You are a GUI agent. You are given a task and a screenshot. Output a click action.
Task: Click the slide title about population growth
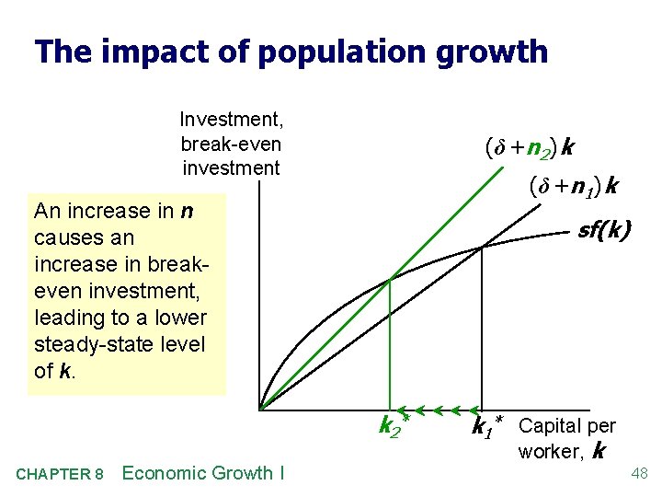(x=291, y=51)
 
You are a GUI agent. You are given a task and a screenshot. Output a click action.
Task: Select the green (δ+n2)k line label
(x=531, y=147)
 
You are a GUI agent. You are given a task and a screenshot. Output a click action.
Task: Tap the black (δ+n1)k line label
(x=572, y=188)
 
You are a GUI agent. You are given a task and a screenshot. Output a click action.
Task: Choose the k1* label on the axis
(x=487, y=426)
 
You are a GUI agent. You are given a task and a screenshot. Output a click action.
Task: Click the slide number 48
(x=640, y=474)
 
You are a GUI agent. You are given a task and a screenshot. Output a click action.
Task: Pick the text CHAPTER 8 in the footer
(x=60, y=475)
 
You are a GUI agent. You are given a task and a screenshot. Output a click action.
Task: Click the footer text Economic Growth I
(x=202, y=474)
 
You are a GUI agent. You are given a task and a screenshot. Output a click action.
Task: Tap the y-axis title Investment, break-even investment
(x=231, y=144)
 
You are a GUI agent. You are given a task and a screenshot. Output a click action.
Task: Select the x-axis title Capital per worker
(x=566, y=437)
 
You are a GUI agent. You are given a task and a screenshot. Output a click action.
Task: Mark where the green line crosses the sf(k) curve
(x=389, y=279)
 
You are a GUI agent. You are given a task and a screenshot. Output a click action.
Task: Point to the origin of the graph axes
(x=260, y=408)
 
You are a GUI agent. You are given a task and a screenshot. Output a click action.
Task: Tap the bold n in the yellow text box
(x=187, y=211)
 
